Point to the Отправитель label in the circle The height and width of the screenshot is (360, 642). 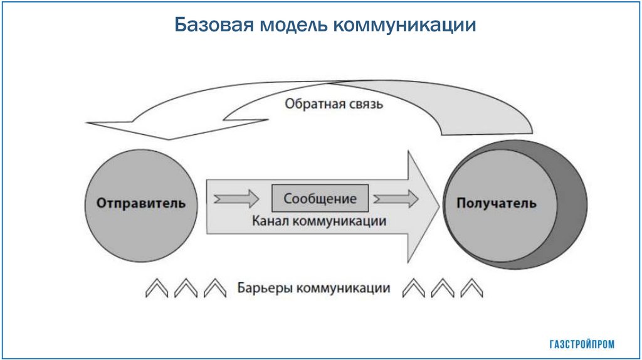pos(141,203)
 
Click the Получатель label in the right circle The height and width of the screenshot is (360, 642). pos(497,203)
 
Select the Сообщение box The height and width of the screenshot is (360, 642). pos(320,199)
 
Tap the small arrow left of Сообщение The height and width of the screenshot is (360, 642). pos(236,199)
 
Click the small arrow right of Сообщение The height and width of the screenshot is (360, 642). pos(396,199)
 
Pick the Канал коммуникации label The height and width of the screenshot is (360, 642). pos(319,221)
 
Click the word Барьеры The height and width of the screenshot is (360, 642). pos(265,289)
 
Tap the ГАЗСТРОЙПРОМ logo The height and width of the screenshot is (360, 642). pos(582,344)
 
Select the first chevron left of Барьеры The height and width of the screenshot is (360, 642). pos(156,289)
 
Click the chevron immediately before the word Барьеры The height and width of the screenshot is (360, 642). pos(214,289)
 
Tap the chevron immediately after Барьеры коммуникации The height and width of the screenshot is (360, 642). pos(413,289)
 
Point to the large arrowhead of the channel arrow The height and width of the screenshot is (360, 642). pos(422,207)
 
